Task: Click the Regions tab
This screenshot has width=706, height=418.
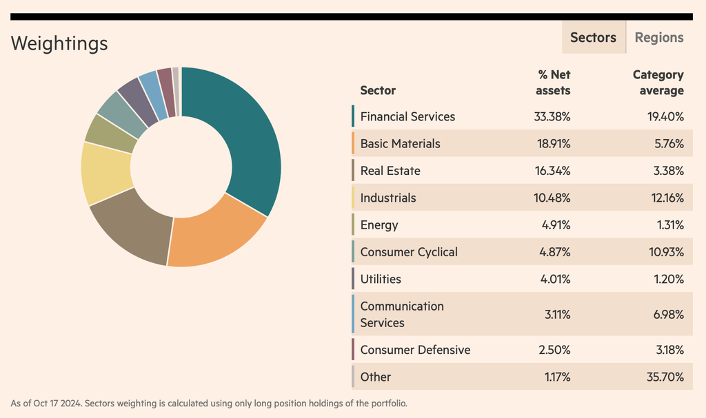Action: click(x=658, y=38)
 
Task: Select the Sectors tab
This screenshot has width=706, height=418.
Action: click(x=594, y=38)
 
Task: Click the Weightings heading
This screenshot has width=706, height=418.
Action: click(x=59, y=43)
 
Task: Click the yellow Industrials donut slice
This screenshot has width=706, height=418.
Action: click(x=105, y=172)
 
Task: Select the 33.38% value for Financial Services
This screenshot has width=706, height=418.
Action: click(x=552, y=117)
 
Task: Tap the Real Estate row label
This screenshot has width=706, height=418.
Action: click(x=390, y=171)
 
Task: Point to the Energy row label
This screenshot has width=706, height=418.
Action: click(x=379, y=225)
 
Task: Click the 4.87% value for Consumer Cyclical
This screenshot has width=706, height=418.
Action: click(x=554, y=252)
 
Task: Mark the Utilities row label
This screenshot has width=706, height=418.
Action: click(x=381, y=279)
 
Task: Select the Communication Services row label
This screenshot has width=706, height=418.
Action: click(x=402, y=315)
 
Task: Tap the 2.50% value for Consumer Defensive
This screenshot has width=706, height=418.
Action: click(x=554, y=350)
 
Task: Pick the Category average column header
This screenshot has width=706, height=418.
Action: click(x=658, y=83)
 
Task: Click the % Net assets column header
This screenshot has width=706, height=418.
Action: click(x=554, y=83)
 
